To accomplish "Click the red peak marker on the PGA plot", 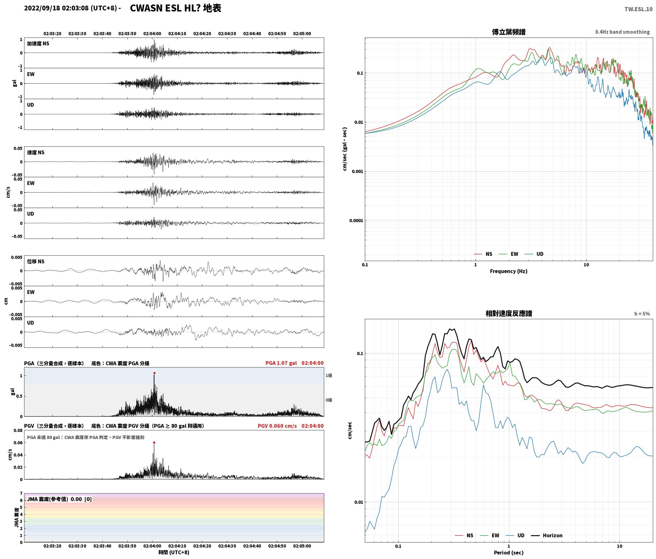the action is coord(154,373).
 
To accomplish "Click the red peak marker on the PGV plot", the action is coord(154,442).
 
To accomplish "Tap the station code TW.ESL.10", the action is coord(639,9).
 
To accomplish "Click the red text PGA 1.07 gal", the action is coord(281,363).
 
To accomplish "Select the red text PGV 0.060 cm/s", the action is coord(277,426).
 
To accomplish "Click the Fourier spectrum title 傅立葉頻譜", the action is coord(509,32).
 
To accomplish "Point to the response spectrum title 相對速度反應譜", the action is coord(509,313).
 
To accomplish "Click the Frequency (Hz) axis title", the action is coord(509,271).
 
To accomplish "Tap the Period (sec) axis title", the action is coord(509,553).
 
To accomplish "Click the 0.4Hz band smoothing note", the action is coord(622,32).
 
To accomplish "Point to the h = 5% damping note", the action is coord(642,314).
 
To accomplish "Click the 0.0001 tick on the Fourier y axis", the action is coord(356,220).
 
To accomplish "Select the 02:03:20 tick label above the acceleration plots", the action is coord(52,34).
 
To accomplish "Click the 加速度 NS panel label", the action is coord(38,44).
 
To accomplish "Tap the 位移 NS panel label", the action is coord(36,261).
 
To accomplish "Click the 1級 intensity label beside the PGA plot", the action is coord(329,375).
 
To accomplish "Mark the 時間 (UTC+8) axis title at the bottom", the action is coord(174,552).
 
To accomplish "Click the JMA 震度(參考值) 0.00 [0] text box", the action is coord(59,499).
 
